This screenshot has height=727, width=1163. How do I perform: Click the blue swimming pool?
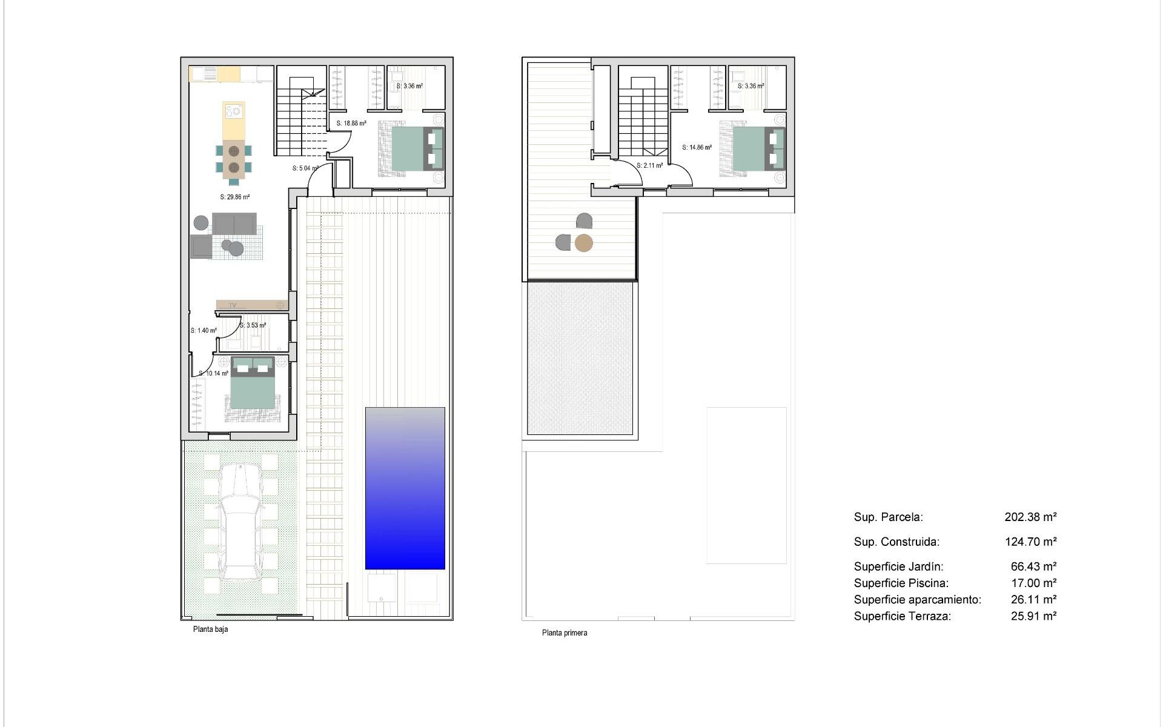(405, 488)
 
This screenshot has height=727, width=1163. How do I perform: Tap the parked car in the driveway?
(240, 521)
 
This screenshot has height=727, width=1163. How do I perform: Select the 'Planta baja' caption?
(210, 629)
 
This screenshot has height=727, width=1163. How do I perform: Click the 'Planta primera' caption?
(564, 633)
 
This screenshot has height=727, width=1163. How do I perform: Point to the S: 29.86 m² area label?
(234, 197)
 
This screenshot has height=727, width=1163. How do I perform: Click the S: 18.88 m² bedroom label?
(351, 124)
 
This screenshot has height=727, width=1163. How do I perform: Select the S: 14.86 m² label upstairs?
(697, 147)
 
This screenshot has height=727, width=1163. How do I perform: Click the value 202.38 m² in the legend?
(1030, 517)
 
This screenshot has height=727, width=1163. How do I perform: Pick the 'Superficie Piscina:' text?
(901, 583)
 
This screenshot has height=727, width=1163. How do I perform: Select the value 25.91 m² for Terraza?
(1033, 616)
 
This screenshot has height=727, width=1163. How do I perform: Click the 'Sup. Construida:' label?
(896, 542)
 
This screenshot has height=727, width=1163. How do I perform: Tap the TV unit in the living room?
(251, 305)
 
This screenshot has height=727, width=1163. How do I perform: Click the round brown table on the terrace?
(583, 243)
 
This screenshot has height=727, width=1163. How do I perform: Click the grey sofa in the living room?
(234, 224)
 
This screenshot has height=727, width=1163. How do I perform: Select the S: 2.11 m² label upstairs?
(649, 165)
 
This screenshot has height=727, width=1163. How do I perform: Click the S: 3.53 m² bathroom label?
(253, 325)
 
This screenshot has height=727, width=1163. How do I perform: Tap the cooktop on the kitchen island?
(234, 111)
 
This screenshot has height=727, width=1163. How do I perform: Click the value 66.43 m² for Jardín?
(1033, 567)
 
